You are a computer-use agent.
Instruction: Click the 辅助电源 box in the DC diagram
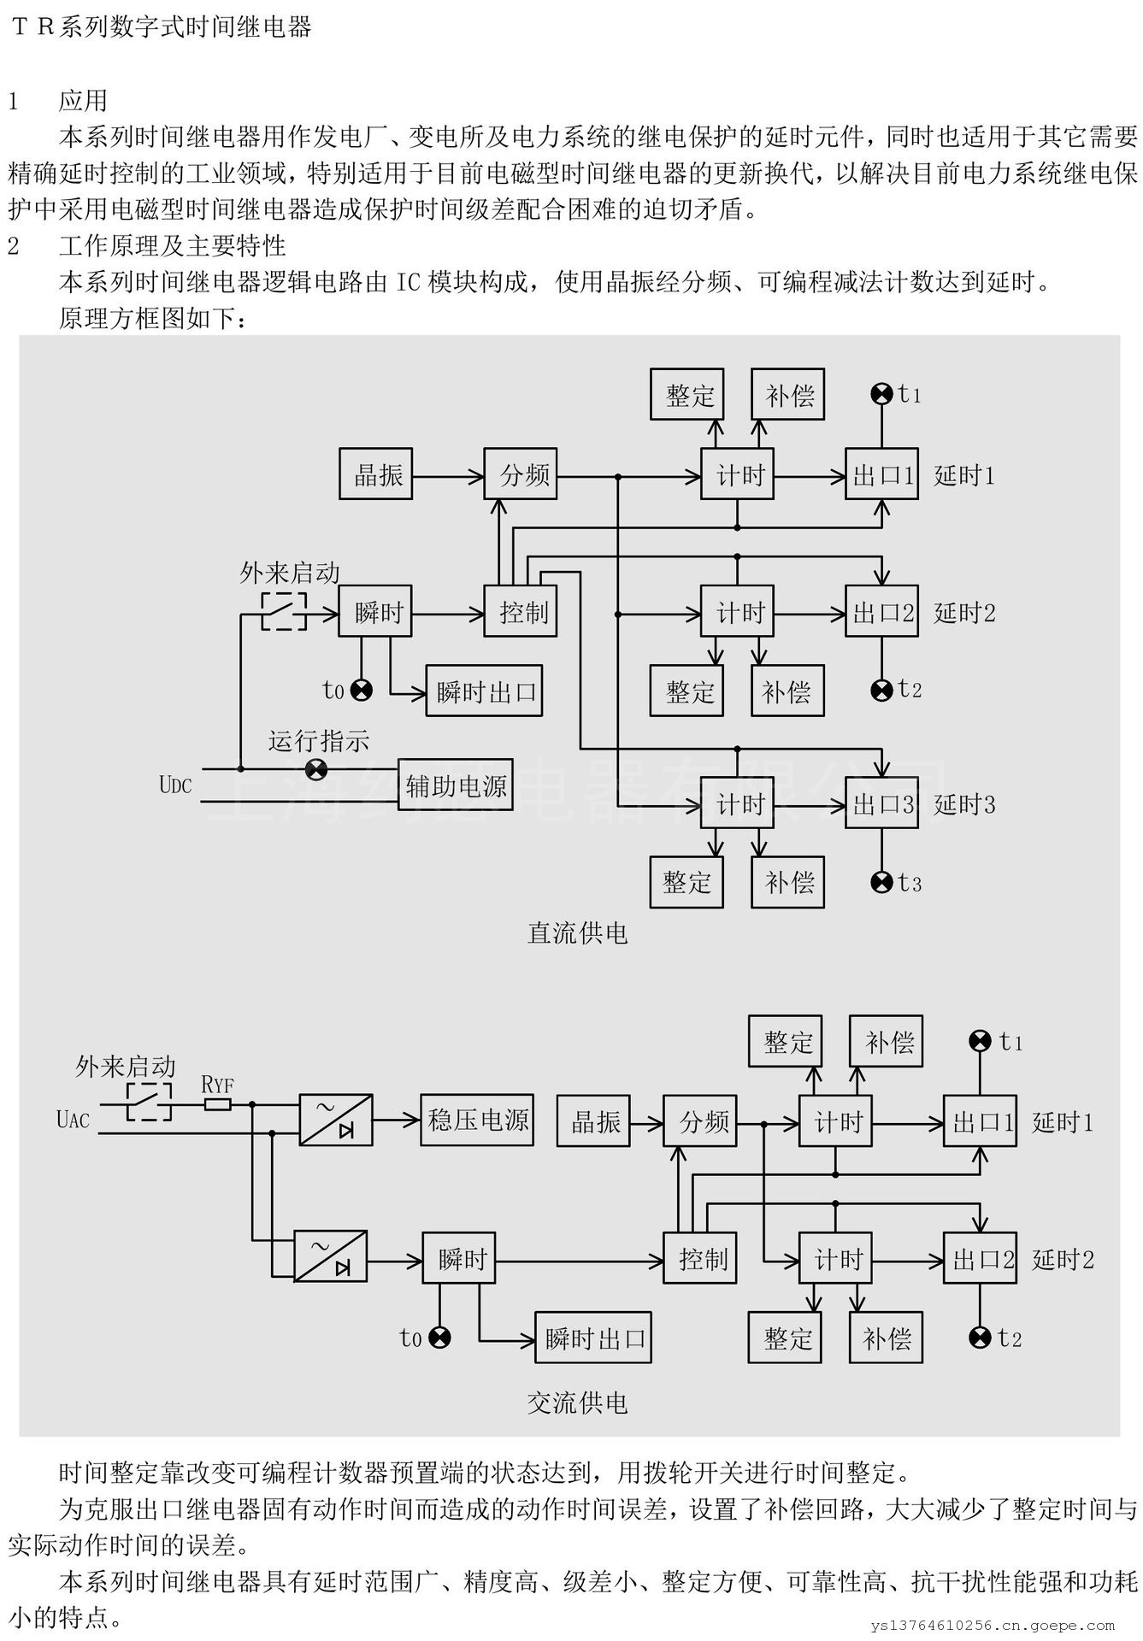coord(456,785)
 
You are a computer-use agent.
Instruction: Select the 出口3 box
coord(881,803)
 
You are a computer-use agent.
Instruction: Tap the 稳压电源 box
coord(477,1120)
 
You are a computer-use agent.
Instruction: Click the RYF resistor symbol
coord(218,1104)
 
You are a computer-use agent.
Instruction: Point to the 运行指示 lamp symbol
coord(316,769)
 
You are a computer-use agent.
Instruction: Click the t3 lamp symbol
coord(881,882)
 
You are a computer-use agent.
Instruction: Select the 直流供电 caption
coord(578,932)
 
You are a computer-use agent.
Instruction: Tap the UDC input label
coord(175,785)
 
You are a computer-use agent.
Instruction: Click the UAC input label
coord(73,1119)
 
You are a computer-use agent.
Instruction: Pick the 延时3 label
coord(964,804)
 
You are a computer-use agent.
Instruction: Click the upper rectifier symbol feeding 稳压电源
coord(336,1120)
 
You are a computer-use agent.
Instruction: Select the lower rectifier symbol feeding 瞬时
coord(331,1256)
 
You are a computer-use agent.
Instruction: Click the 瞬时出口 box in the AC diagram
coord(592,1338)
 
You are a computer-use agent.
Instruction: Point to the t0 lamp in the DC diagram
coord(362,691)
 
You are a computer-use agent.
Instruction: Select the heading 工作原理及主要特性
coord(172,246)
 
